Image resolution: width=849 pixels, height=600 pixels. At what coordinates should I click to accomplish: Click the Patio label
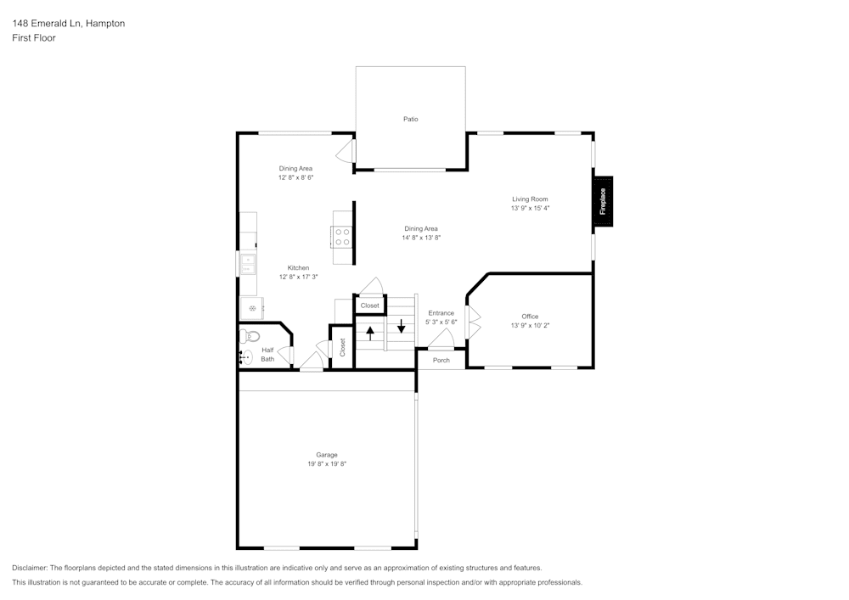(x=410, y=119)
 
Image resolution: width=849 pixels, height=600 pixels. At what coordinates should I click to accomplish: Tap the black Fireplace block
(x=603, y=201)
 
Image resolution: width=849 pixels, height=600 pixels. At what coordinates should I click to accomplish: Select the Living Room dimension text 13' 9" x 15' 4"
(x=530, y=208)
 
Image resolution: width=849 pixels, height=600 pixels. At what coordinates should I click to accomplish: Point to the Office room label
(x=530, y=317)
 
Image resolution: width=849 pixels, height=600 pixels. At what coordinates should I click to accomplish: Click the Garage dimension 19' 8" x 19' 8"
(x=327, y=464)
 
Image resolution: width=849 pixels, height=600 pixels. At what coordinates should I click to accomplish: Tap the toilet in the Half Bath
(x=249, y=337)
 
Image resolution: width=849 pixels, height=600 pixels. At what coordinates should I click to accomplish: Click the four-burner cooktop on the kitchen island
(x=342, y=236)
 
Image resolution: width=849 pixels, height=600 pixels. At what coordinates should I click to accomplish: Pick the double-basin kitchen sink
(x=247, y=264)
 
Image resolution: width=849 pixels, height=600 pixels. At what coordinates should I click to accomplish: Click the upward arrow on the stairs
(x=370, y=332)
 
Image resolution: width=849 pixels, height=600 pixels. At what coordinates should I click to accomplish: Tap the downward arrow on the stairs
(x=402, y=325)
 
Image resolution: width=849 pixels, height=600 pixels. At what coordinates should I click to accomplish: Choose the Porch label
(x=441, y=361)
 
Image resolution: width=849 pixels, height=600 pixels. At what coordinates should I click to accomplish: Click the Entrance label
(x=441, y=313)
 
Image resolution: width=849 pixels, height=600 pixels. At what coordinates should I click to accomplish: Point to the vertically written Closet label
(x=343, y=347)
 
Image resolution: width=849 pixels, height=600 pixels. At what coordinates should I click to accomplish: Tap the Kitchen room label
(x=297, y=268)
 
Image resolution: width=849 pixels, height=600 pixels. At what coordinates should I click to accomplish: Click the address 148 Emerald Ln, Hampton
(x=68, y=24)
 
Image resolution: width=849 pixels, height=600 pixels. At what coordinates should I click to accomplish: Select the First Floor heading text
(x=34, y=38)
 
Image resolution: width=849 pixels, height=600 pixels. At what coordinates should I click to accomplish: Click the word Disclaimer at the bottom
(x=30, y=568)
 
